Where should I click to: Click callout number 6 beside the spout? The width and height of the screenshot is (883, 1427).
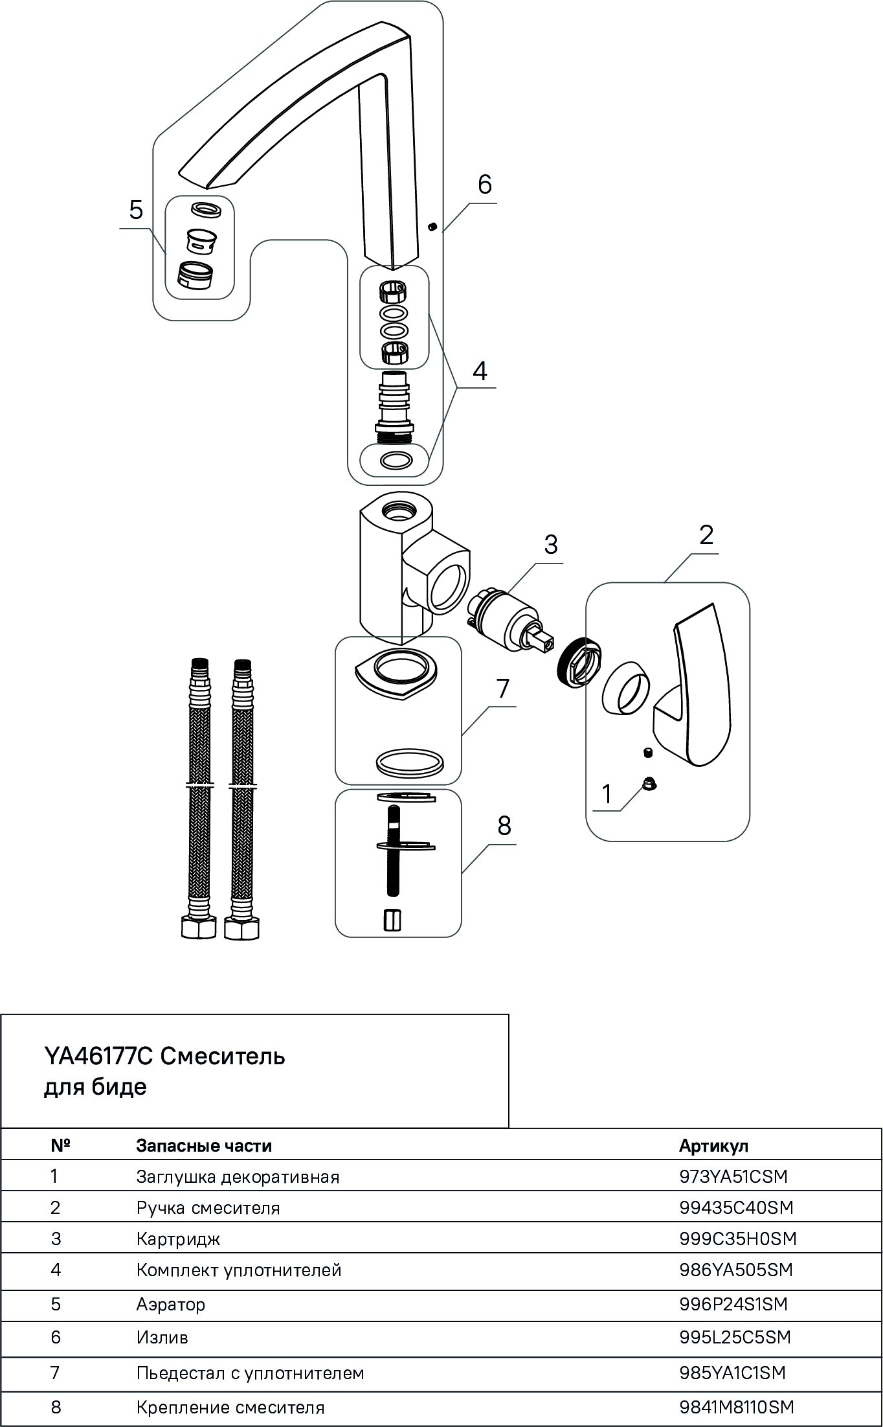click(485, 185)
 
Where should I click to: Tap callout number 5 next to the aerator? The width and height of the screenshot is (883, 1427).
click(136, 211)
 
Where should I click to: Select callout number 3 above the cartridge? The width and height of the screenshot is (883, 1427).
click(550, 545)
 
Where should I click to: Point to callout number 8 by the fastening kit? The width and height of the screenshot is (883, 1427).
click(504, 826)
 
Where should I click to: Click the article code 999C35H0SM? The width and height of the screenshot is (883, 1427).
click(737, 1239)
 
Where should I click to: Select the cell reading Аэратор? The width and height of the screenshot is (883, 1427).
click(171, 1303)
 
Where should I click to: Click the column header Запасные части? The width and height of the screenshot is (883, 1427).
click(204, 1145)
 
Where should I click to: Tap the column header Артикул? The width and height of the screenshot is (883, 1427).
click(713, 1145)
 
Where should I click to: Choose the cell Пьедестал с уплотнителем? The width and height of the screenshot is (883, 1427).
click(250, 1371)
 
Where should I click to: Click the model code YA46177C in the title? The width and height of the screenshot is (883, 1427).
click(98, 1056)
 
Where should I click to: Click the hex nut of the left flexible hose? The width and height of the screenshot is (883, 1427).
click(198, 929)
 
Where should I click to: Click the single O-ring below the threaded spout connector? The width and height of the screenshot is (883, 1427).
click(396, 461)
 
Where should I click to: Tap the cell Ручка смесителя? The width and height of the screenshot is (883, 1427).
click(208, 1207)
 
